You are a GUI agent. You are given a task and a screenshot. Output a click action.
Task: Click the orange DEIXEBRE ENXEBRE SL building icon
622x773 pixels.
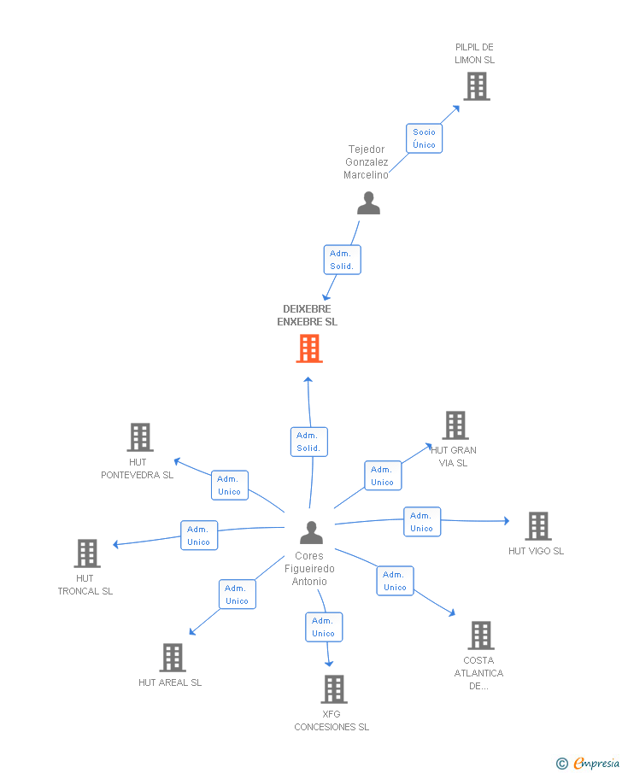(309, 348)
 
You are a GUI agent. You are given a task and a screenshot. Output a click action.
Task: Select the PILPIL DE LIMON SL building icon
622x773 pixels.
(476, 86)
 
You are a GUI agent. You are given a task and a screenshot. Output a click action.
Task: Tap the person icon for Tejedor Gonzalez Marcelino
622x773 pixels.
(368, 203)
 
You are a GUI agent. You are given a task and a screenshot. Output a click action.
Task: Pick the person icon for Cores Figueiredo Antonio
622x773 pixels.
(312, 533)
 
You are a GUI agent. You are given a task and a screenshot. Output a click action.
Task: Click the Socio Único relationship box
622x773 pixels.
(424, 138)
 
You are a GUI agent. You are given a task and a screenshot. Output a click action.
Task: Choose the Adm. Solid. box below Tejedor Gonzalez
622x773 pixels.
(342, 260)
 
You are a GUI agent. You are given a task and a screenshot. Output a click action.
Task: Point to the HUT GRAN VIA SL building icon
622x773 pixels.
(455, 425)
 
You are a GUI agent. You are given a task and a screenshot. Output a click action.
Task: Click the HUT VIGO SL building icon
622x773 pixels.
(537, 526)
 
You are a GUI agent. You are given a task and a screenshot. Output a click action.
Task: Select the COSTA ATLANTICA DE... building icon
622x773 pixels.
(480, 635)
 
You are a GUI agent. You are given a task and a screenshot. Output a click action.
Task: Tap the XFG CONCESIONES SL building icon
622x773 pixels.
(333, 689)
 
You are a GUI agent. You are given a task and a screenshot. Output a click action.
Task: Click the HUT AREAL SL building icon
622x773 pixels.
(173, 658)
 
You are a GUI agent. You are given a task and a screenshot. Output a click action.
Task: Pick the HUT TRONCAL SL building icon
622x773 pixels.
(86, 553)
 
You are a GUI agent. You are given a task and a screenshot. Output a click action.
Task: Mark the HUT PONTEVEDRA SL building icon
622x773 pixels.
(139, 437)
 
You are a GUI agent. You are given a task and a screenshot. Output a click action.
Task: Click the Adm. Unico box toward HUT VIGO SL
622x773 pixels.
(421, 522)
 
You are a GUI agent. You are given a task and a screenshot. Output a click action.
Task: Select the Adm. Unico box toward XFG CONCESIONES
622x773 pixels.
(324, 627)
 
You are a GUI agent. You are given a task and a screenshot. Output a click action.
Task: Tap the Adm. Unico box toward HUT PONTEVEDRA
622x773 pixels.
(230, 485)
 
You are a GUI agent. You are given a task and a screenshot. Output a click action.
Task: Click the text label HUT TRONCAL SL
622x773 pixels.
(85, 585)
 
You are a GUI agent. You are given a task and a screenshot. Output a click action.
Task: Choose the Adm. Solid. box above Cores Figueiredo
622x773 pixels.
(308, 442)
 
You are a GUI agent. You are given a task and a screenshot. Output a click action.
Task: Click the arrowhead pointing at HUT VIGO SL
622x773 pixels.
(507, 520)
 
